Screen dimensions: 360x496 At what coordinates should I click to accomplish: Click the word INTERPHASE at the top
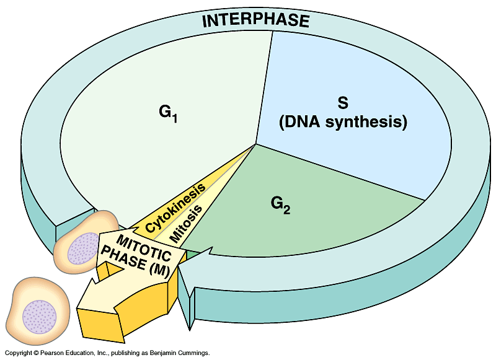255,20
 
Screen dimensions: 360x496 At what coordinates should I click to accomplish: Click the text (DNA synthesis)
343,122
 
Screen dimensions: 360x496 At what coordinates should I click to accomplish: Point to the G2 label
281,204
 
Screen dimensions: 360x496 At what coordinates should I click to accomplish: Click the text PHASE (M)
133,261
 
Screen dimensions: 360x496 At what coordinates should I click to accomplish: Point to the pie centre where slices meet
256,144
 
